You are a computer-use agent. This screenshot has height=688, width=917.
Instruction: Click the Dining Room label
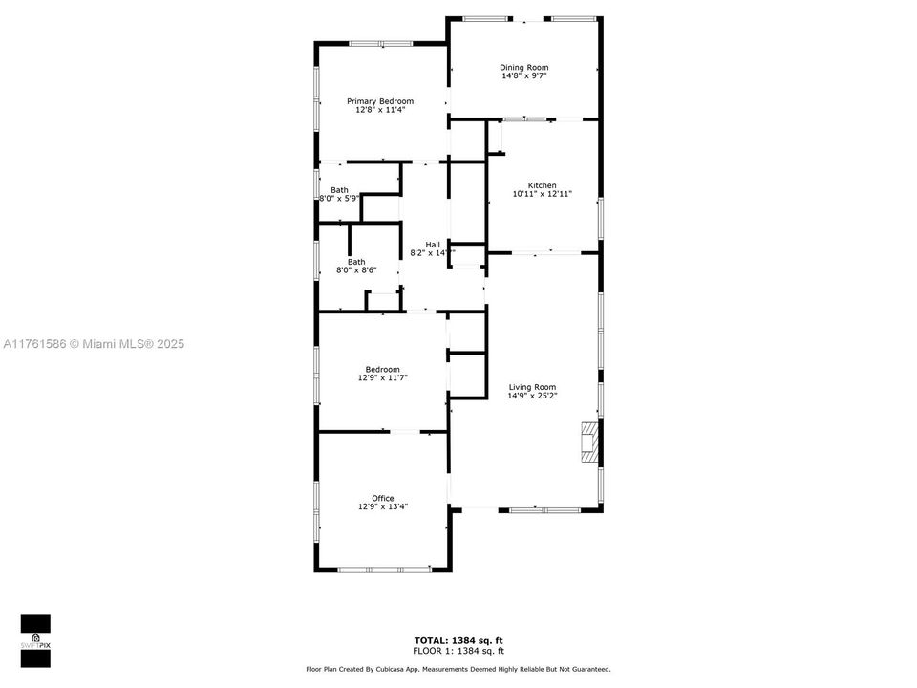[x=524, y=67]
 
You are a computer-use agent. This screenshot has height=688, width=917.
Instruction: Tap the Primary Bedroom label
[x=380, y=101]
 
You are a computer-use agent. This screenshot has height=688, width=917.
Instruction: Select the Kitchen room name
[x=543, y=185]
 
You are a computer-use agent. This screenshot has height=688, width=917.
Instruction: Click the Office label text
[x=382, y=498]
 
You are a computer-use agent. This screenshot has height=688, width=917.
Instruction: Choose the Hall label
[x=433, y=244]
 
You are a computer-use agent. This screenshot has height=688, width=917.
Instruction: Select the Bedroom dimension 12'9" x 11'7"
[x=382, y=378]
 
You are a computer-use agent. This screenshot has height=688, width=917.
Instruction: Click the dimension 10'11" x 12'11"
[x=543, y=194]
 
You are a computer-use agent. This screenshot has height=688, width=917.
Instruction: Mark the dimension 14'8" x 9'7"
[x=524, y=76]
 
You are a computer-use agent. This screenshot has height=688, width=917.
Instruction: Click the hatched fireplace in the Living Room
[x=589, y=442]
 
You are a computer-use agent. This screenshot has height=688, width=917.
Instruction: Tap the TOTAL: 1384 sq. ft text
[x=458, y=640]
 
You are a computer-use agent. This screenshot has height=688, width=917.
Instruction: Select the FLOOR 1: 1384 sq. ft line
[x=458, y=650]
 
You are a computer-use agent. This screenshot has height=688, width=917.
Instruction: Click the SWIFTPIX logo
[x=35, y=634]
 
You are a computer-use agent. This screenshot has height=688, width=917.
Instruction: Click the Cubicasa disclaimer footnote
[x=458, y=669]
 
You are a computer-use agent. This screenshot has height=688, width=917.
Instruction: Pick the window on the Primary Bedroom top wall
[x=380, y=43]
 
